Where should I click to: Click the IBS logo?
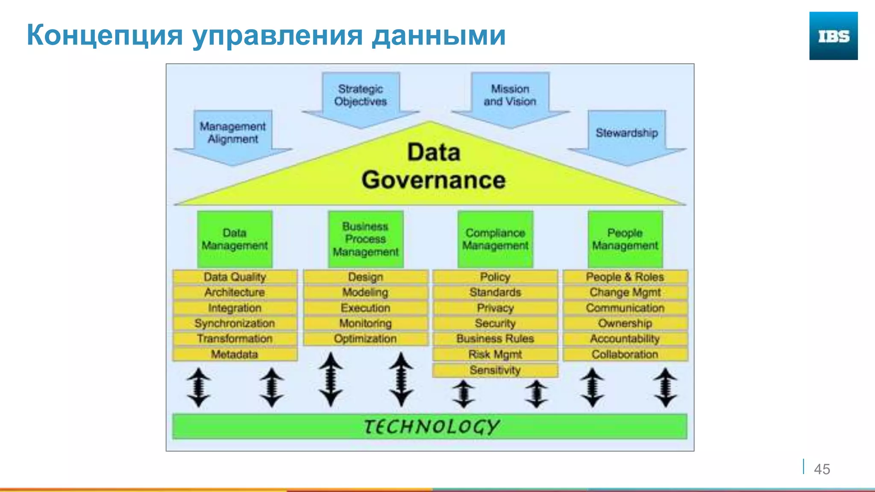click(833, 36)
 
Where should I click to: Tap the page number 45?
click(822, 469)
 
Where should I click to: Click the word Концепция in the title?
click(105, 35)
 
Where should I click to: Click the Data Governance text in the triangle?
click(433, 167)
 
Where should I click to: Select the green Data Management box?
click(235, 239)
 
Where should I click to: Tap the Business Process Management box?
click(366, 239)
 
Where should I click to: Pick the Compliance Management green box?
click(495, 239)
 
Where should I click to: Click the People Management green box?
click(625, 239)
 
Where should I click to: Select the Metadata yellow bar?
click(235, 354)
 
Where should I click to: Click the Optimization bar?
click(365, 339)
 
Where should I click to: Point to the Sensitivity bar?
click(495, 370)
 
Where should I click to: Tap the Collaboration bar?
click(625, 354)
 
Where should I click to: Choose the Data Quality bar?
click(235, 277)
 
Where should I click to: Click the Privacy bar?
click(495, 308)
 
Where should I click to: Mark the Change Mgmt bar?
click(625, 293)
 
